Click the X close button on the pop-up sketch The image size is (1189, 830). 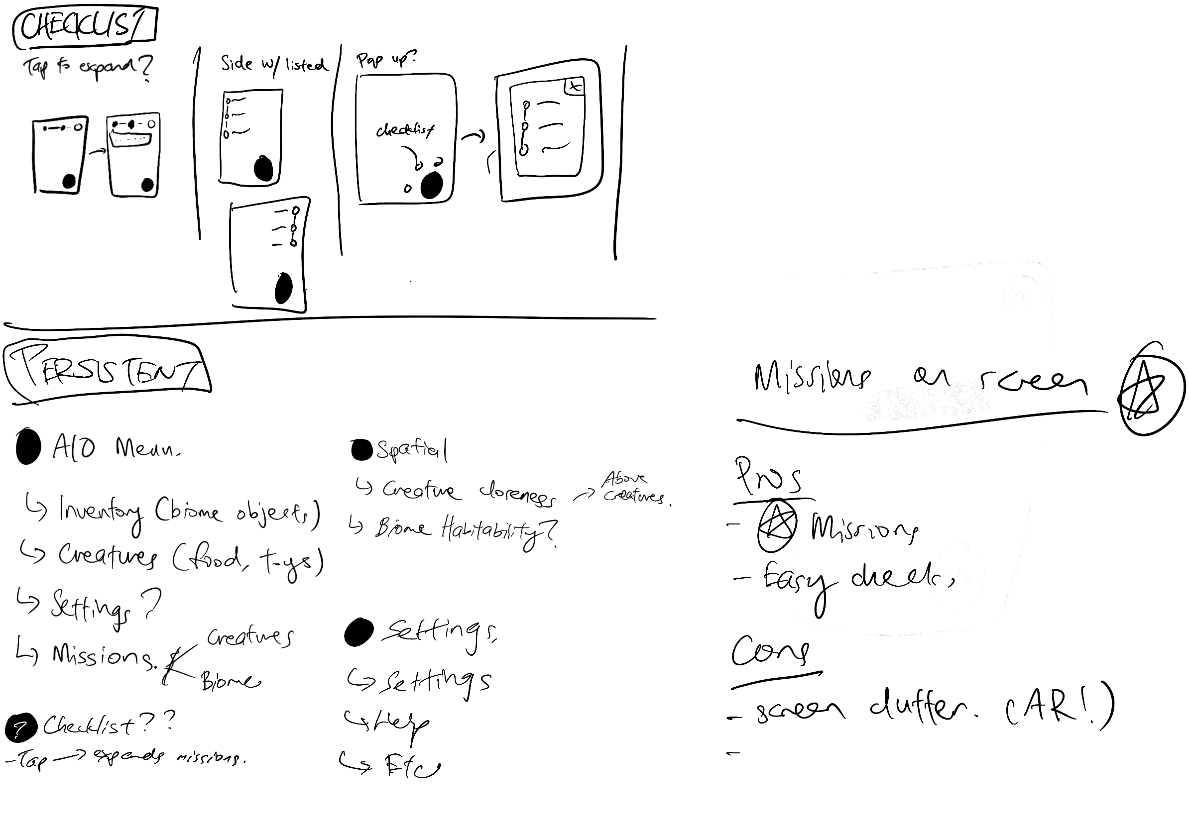574,87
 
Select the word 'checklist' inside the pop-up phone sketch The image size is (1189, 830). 405,130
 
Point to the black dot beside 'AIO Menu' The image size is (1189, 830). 28,446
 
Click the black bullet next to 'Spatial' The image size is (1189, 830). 361,450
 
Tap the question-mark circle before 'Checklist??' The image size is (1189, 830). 21,727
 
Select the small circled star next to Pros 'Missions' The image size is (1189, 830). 776,526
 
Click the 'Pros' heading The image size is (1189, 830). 768,477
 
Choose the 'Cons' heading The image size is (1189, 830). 770,651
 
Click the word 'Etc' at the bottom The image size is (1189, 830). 412,766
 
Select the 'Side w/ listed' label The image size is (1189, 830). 274,65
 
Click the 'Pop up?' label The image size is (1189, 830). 385,60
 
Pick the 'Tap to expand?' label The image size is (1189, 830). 87,68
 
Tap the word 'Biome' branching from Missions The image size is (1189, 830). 231,682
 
